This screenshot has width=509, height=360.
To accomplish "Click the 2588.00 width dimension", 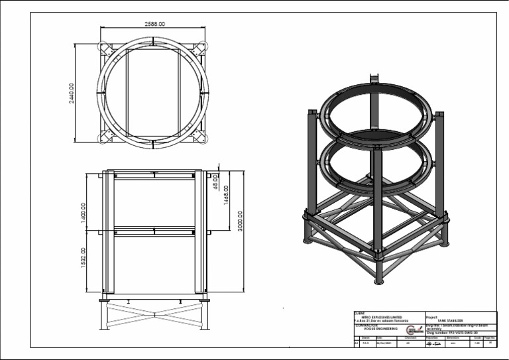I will pyautogui.click(x=154, y=24).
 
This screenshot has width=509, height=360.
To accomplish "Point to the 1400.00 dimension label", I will pyautogui.click(x=84, y=213).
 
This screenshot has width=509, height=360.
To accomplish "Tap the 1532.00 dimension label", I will pyautogui.click(x=84, y=259).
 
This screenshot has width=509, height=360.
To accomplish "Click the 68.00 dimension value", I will pyautogui.click(x=215, y=181).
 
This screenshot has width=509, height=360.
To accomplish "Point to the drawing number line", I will pyautogui.click(x=457, y=333).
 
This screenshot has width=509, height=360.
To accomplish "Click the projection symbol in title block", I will pyautogui.click(x=433, y=343).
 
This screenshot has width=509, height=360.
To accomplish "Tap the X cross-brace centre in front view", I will pyautogui.click(x=154, y=312).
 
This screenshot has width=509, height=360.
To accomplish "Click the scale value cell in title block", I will pyautogui.click(x=477, y=343).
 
